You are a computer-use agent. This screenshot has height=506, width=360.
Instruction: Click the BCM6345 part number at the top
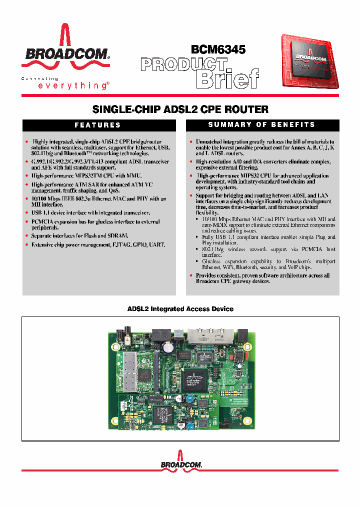coord(218,49)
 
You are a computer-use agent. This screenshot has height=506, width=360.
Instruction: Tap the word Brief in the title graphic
coord(228,78)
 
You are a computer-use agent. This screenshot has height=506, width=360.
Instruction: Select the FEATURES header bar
coord(97,125)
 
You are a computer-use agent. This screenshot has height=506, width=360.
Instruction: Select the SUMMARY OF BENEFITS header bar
coord(261,124)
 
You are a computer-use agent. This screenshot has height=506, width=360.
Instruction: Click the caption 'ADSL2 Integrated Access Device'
coord(180,309)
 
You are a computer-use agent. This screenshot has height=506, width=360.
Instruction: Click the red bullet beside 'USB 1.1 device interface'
coord(26,212)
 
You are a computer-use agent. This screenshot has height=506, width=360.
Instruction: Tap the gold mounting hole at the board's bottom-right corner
coord(250,425)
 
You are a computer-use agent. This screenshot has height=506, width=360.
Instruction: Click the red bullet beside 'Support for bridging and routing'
coord(190,195)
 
